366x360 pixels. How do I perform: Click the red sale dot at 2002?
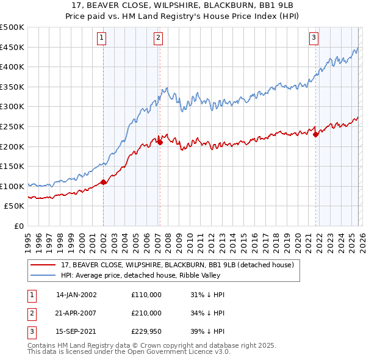click(104, 182)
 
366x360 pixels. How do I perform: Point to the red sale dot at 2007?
click(160, 142)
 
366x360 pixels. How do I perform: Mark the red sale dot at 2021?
click(315, 135)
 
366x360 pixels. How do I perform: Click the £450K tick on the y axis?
click(12, 47)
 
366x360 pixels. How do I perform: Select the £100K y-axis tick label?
click(12, 186)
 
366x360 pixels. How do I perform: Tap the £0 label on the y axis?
click(20, 226)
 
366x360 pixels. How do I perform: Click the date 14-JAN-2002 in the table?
click(76, 294)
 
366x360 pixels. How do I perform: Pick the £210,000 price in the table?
click(146, 312)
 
